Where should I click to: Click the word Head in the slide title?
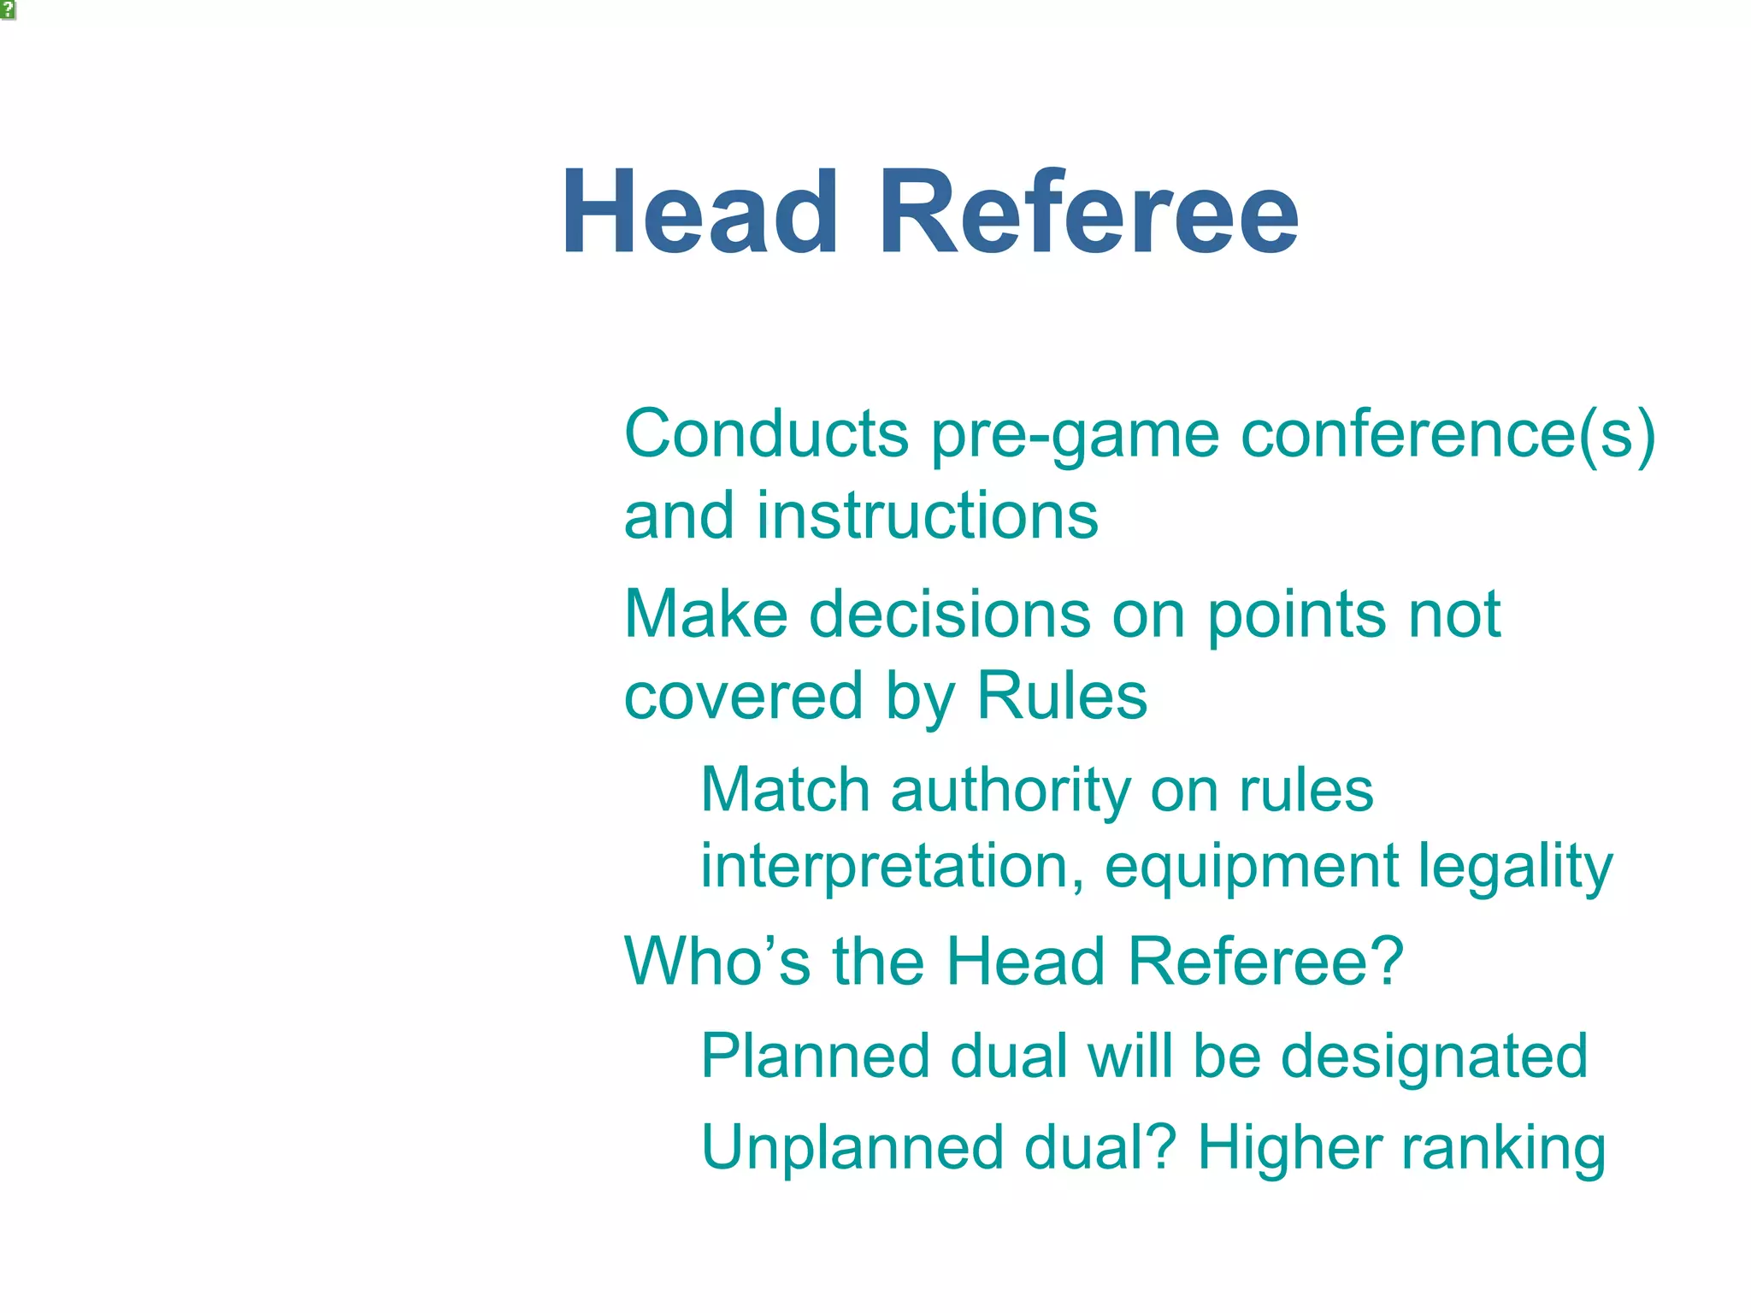[699, 212]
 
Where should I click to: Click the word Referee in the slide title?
[1088, 212]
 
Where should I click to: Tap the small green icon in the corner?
[8, 10]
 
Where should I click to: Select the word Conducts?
[766, 433]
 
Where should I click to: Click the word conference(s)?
[1447, 435]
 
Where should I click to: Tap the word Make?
[705, 614]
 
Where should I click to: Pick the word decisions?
[949, 614]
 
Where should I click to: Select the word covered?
[743, 696]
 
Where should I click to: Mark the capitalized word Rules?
[1061, 696]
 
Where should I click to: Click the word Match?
[785, 789]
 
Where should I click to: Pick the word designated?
[1434, 1057]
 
